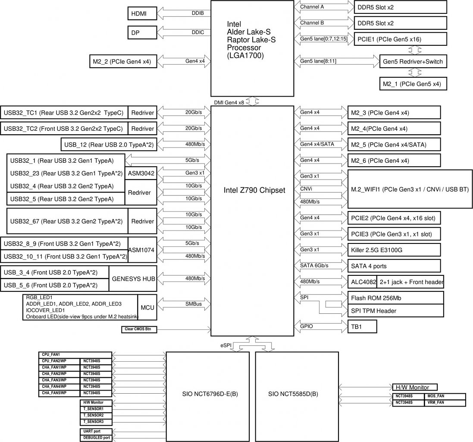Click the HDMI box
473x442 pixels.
point(142,13)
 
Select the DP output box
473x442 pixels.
point(142,33)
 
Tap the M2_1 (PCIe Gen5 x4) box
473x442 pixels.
point(413,84)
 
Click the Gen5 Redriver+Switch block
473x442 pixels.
point(413,62)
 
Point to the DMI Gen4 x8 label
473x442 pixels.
point(229,102)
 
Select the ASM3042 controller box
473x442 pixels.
point(141,173)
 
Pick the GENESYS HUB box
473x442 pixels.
point(133,279)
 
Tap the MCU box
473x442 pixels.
point(147,307)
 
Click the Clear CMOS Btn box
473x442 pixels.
point(139,329)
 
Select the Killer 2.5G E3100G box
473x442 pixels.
point(394,250)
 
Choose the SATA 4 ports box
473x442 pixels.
point(394,266)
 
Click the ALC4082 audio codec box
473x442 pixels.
point(362,282)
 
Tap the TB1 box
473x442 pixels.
point(362,327)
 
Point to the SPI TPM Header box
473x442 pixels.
point(395,311)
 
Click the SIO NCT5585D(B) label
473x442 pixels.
point(293,394)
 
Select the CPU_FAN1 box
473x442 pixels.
point(75,355)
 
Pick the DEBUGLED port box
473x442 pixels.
point(96,438)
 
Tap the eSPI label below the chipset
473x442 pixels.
point(226,345)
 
